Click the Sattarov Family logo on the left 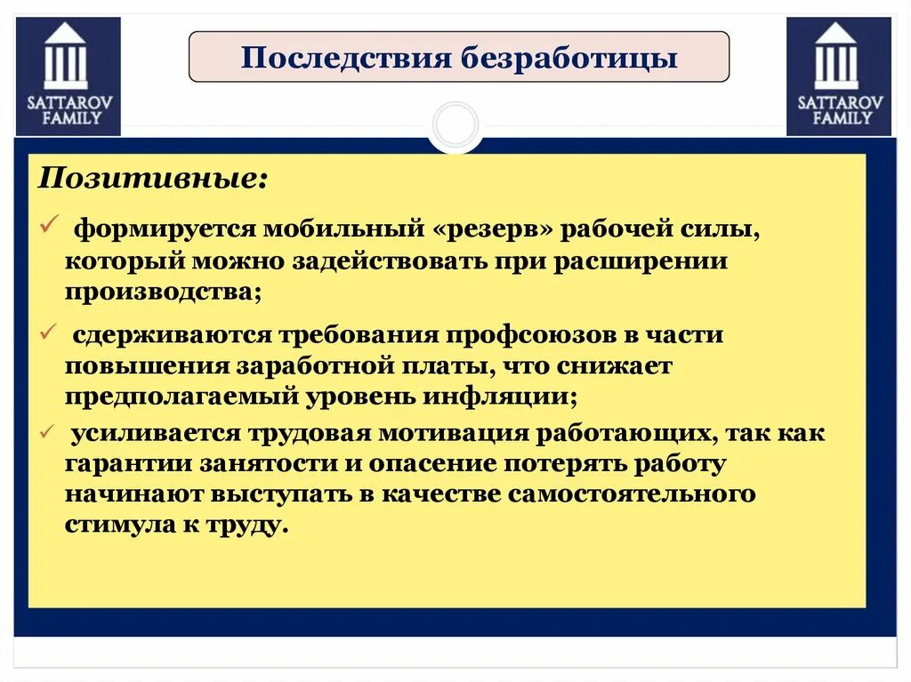(69, 76)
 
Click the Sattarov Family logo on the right (839, 76)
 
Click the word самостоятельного (628, 493)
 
